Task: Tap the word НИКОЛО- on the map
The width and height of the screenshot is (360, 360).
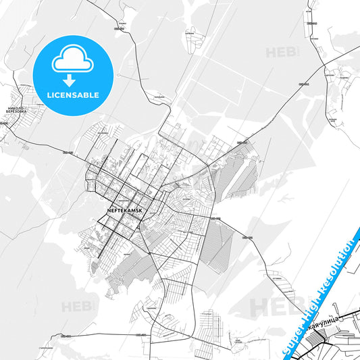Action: (18, 107)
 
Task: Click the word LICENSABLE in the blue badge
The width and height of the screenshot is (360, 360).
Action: (73, 95)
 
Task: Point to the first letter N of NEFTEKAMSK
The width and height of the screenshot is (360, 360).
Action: (109, 209)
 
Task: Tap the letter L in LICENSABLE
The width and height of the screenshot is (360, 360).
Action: (49, 95)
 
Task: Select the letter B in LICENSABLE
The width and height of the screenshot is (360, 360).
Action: (87, 95)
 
